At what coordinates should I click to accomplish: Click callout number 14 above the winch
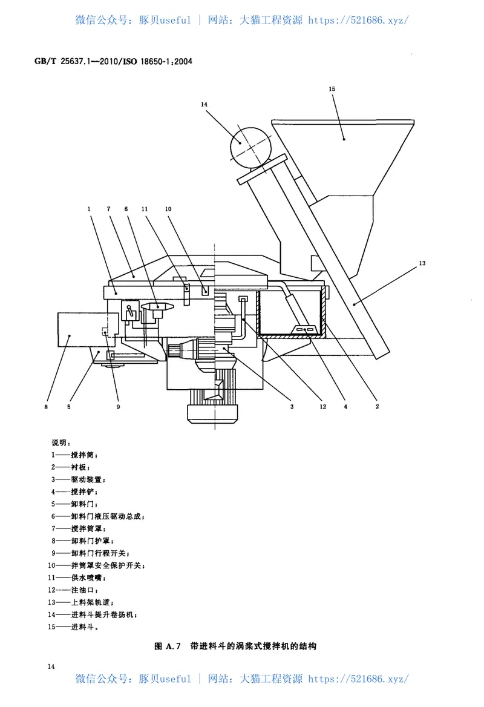pyautogui.click(x=204, y=105)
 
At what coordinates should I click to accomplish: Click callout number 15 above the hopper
pyautogui.click(x=332, y=89)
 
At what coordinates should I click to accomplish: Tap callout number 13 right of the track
pyautogui.click(x=422, y=263)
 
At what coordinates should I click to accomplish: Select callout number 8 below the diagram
pyautogui.click(x=46, y=407)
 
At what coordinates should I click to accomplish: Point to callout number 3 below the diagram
pyautogui.click(x=292, y=407)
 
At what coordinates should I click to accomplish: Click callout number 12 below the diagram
pyautogui.click(x=322, y=407)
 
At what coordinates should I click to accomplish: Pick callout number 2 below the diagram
pyautogui.click(x=377, y=407)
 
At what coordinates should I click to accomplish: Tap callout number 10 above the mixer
pyautogui.click(x=168, y=208)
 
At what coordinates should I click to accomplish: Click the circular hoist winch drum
pyautogui.click(x=250, y=146)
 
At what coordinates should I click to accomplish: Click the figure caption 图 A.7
pyautogui.click(x=235, y=646)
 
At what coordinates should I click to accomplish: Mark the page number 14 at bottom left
pyautogui.click(x=51, y=666)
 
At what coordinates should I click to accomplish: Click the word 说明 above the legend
pyautogui.click(x=61, y=442)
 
